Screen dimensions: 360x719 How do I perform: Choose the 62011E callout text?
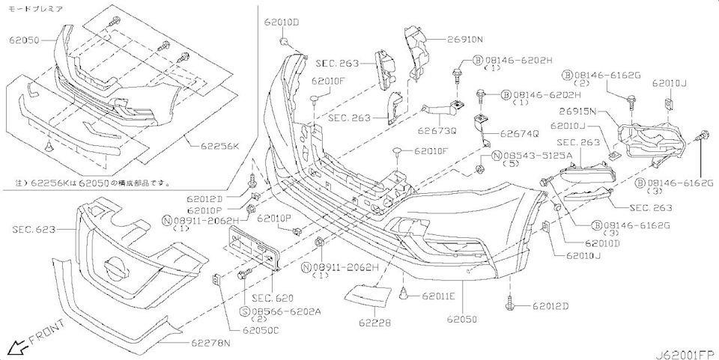(x=436, y=296)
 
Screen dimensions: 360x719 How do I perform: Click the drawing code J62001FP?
(x=683, y=353)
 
